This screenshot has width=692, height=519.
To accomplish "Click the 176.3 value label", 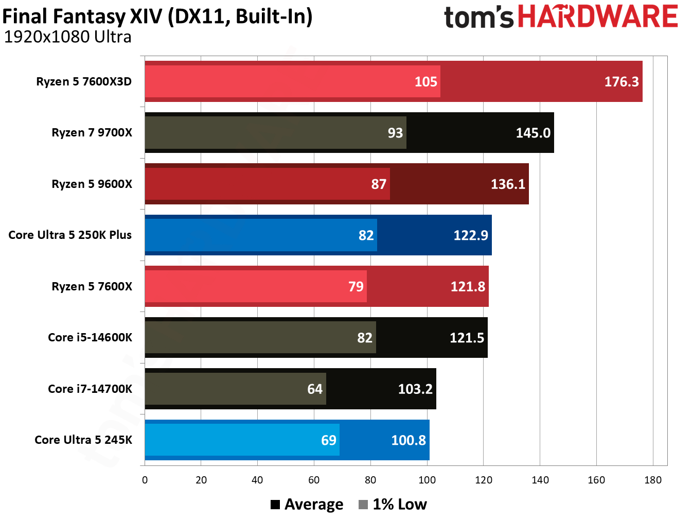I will [x=621, y=81].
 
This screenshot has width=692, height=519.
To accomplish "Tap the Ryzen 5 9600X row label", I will [x=92, y=184].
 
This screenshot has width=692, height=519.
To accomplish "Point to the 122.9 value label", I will [x=470, y=235].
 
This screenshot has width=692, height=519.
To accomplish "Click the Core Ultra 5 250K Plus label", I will [x=70, y=235].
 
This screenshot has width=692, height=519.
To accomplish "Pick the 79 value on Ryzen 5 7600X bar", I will [x=356, y=286].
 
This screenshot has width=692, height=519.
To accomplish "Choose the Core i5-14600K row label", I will [x=90, y=337].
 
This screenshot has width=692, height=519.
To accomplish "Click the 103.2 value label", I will [x=415, y=389].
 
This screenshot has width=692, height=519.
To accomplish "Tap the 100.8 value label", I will [x=409, y=440].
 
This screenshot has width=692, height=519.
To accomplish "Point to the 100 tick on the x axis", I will [x=427, y=480].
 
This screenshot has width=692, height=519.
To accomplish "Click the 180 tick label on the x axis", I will [x=652, y=480].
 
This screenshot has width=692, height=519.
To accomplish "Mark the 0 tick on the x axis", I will [x=145, y=480].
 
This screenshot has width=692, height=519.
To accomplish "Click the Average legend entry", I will [x=307, y=505].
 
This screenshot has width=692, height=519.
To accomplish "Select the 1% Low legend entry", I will [x=393, y=505].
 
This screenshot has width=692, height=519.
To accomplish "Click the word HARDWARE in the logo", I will [x=597, y=16].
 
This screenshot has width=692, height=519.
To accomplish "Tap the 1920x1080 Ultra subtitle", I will [x=67, y=37].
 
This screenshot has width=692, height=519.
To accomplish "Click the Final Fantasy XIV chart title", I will [x=157, y=16].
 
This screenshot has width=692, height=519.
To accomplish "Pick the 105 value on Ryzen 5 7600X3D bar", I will [x=425, y=81].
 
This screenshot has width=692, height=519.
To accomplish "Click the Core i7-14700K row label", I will [x=90, y=389].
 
